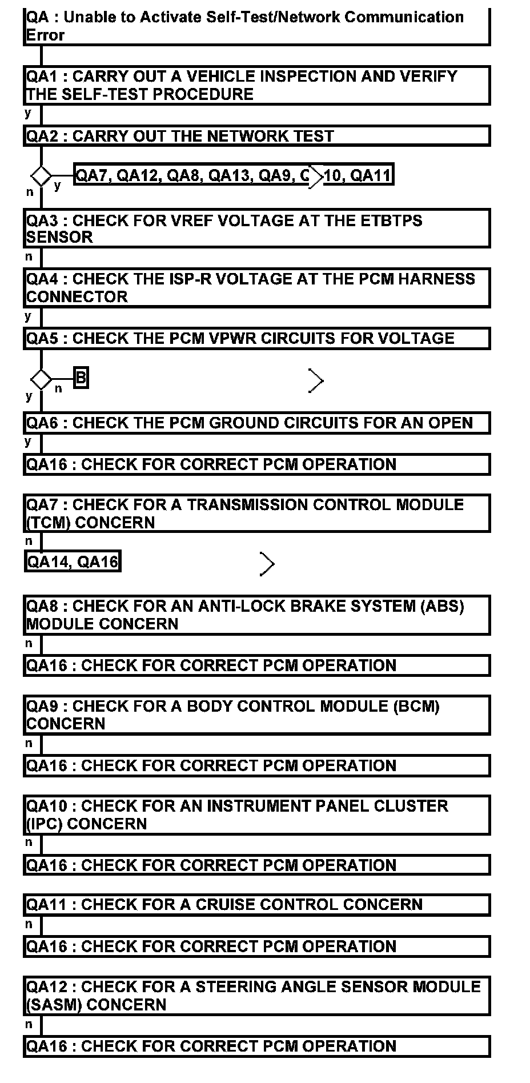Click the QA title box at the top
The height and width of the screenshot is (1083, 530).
(x=256, y=26)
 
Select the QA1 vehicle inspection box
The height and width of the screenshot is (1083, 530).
(x=256, y=85)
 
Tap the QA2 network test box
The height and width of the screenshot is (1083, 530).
(x=256, y=136)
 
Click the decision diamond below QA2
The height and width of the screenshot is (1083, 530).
(x=41, y=175)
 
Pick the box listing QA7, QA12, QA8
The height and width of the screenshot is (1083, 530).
(x=234, y=175)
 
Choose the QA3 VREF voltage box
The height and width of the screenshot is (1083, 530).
(x=256, y=228)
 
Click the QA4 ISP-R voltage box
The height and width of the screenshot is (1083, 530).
(x=256, y=287)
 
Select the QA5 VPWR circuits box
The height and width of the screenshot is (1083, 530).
(x=256, y=338)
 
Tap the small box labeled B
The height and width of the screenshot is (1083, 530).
(x=81, y=378)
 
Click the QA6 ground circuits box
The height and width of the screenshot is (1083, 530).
(x=256, y=423)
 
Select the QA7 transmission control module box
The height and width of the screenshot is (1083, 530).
(x=256, y=514)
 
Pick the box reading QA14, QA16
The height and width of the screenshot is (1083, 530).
(x=73, y=562)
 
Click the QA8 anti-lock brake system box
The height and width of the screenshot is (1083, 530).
(x=256, y=615)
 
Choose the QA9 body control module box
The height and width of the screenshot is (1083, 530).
(x=256, y=715)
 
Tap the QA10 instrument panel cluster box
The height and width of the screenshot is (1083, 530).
(x=256, y=815)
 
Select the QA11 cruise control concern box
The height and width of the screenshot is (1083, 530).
(x=256, y=905)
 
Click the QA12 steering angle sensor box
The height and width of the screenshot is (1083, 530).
(x=256, y=996)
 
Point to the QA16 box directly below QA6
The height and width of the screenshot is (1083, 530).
(x=256, y=464)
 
